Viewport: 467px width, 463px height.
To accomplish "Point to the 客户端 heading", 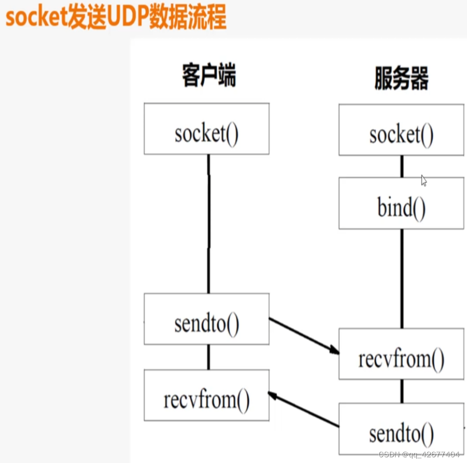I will click(x=209, y=76).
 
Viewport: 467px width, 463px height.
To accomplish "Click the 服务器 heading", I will click(x=401, y=78).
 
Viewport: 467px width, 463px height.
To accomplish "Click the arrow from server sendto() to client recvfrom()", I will click(x=304, y=409).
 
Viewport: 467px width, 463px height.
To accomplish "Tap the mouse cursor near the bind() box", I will click(x=424, y=180).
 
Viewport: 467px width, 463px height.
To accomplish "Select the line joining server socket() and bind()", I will click(x=402, y=166).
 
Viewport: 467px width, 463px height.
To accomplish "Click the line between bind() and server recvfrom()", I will click(x=402, y=278).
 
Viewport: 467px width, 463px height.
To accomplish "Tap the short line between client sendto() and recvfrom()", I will click(x=208, y=357).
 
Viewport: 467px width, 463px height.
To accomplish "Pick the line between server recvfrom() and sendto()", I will click(x=402, y=391).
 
